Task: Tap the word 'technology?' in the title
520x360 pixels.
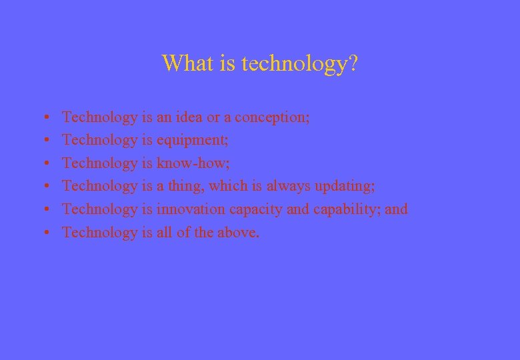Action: [299, 64]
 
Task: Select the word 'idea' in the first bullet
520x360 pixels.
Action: [189, 117]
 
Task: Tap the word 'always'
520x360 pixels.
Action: [289, 187]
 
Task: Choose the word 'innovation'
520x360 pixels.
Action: [191, 209]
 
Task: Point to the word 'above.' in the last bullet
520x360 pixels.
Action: [238, 233]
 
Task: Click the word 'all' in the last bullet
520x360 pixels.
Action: [165, 233]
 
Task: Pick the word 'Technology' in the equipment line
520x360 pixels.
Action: [99, 141]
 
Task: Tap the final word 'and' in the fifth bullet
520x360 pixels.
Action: [396, 209]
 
